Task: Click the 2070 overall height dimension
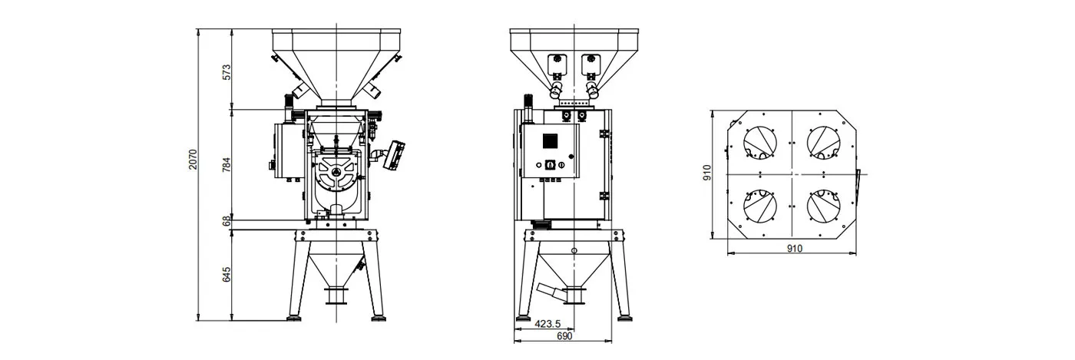tap(193, 160)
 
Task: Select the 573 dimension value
tap(227, 72)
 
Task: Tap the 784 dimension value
tap(227, 164)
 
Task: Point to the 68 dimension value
tap(227, 221)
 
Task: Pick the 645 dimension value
tap(227, 275)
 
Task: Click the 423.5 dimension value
tap(547, 324)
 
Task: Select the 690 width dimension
tap(564, 336)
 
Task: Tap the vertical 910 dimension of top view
tap(707, 173)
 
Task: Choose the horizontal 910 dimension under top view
tap(794, 248)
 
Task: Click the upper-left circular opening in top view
tap(760, 143)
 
